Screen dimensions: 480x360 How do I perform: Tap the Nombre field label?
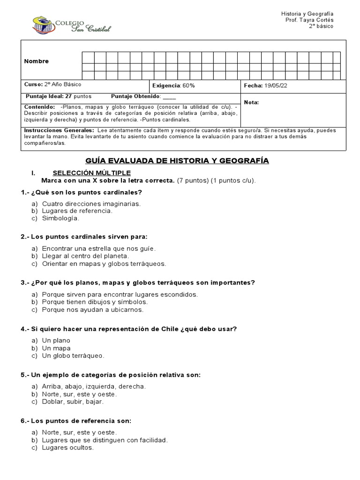point(37,61)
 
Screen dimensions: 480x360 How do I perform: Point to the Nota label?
point(251,102)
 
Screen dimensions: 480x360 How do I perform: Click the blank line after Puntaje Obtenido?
point(169,97)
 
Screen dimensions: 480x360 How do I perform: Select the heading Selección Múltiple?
point(91,173)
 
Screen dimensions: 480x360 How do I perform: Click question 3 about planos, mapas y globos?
point(138,283)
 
